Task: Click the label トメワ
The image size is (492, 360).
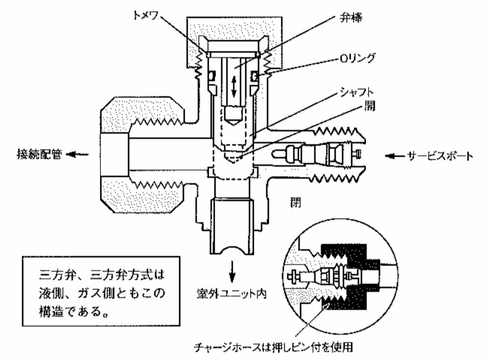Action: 145,14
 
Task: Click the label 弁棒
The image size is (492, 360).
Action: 351,18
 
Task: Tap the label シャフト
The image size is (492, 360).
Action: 357,92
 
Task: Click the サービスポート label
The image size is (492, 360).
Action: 440,156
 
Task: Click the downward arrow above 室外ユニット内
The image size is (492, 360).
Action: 232,271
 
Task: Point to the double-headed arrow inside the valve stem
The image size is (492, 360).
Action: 234,86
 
